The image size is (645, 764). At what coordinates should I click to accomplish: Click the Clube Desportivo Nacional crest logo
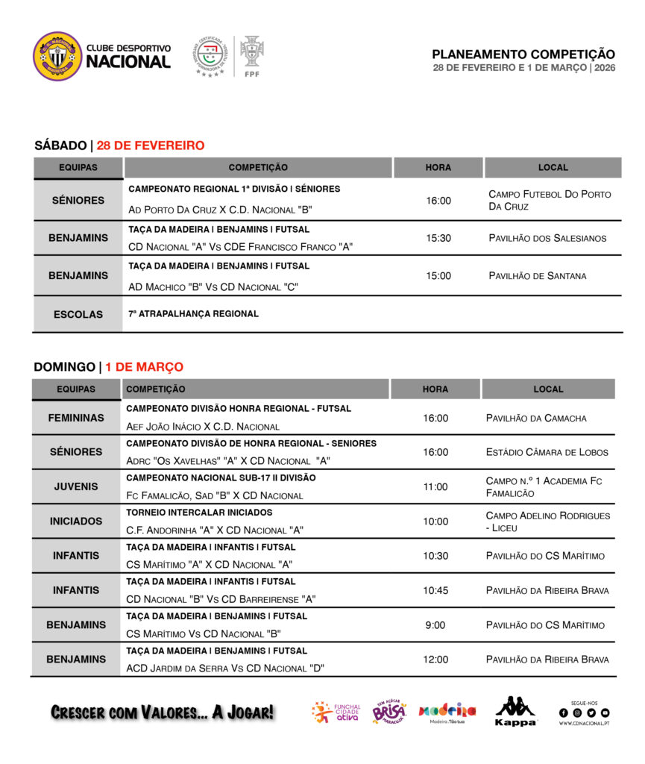57,56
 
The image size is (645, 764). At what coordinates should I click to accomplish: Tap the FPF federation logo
252,55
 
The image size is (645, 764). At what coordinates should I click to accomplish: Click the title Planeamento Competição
523,54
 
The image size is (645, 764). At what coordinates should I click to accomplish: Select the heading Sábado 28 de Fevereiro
119,145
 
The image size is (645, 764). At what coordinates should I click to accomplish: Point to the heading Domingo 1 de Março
108,367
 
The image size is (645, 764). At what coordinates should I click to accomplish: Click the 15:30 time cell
438,238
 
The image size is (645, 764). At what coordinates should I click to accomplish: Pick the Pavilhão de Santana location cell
537,275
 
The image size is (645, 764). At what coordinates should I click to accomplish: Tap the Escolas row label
78,314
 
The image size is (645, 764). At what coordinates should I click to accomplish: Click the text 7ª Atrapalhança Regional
193,314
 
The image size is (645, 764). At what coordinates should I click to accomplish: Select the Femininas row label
76,418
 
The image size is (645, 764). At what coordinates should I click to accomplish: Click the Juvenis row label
76,486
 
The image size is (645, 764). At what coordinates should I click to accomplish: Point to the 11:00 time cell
435,486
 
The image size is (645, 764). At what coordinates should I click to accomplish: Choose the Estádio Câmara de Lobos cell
547,452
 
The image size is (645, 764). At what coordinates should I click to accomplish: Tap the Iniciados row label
76,521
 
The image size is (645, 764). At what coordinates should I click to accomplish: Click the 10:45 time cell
435,590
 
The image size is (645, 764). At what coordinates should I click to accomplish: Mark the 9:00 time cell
435,625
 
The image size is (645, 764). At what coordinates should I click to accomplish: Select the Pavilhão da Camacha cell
535,418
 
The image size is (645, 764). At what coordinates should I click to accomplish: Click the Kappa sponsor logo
515,711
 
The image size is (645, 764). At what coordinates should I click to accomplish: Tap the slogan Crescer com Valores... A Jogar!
163,713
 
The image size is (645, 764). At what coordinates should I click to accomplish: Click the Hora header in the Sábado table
438,167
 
